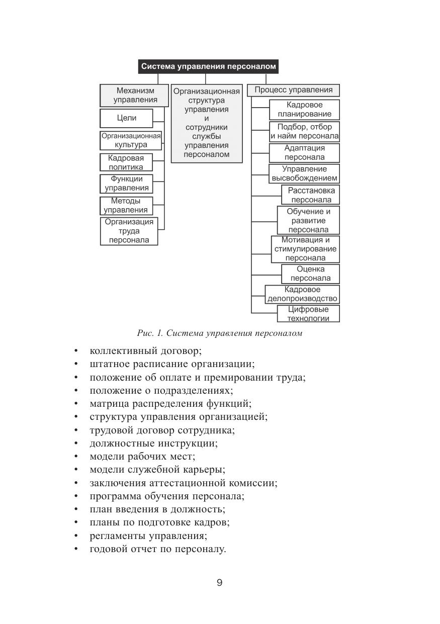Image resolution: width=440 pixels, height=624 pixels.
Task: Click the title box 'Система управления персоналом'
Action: click(x=208, y=66)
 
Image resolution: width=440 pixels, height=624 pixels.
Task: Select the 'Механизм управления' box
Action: click(x=135, y=95)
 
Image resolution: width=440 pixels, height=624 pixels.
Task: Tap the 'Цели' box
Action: click(x=127, y=118)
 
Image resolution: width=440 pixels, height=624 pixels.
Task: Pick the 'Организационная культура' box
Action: click(x=131, y=140)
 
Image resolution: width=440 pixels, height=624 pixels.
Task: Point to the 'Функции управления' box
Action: click(x=127, y=184)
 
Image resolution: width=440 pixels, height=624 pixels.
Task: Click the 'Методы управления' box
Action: click(x=126, y=205)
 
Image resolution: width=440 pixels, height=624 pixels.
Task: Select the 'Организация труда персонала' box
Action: click(x=129, y=231)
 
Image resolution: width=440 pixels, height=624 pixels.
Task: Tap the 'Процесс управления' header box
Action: click(x=293, y=90)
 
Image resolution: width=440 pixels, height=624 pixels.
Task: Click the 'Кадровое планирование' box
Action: click(x=304, y=110)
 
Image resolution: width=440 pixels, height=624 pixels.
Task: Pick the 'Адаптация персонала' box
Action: click(x=304, y=152)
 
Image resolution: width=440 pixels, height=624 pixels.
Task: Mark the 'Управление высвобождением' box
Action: click(x=304, y=173)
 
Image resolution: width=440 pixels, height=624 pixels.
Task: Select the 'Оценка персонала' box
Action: click(x=310, y=274)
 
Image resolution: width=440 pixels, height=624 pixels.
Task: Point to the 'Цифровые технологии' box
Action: click(x=308, y=314)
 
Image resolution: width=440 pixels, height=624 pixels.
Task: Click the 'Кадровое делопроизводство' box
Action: click(x=302, y=294)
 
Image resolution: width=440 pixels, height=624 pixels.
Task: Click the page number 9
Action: click(x=219, y=583)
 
